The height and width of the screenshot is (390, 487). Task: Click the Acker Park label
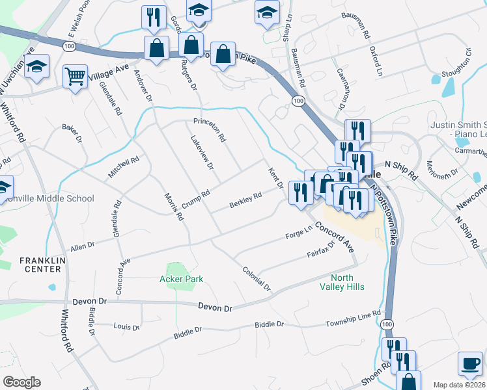(x=182, y=279)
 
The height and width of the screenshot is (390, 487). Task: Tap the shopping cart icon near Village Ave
(x=76, y=77)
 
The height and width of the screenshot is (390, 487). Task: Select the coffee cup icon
(x=470, y=363)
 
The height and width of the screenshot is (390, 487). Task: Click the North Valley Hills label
(x=342, y=281)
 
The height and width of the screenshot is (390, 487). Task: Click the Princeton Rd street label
(x=209, y=129)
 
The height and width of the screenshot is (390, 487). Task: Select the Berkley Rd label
(x=245, y=200)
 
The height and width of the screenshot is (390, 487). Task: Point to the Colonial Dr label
(x=255, y=278)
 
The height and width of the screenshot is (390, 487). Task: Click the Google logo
(x=22, y=382)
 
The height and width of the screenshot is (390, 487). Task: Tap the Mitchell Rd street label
(x=124, y=168)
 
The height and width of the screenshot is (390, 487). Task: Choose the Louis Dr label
(x=126, y=327)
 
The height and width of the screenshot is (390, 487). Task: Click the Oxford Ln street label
(x=375, y=60)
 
